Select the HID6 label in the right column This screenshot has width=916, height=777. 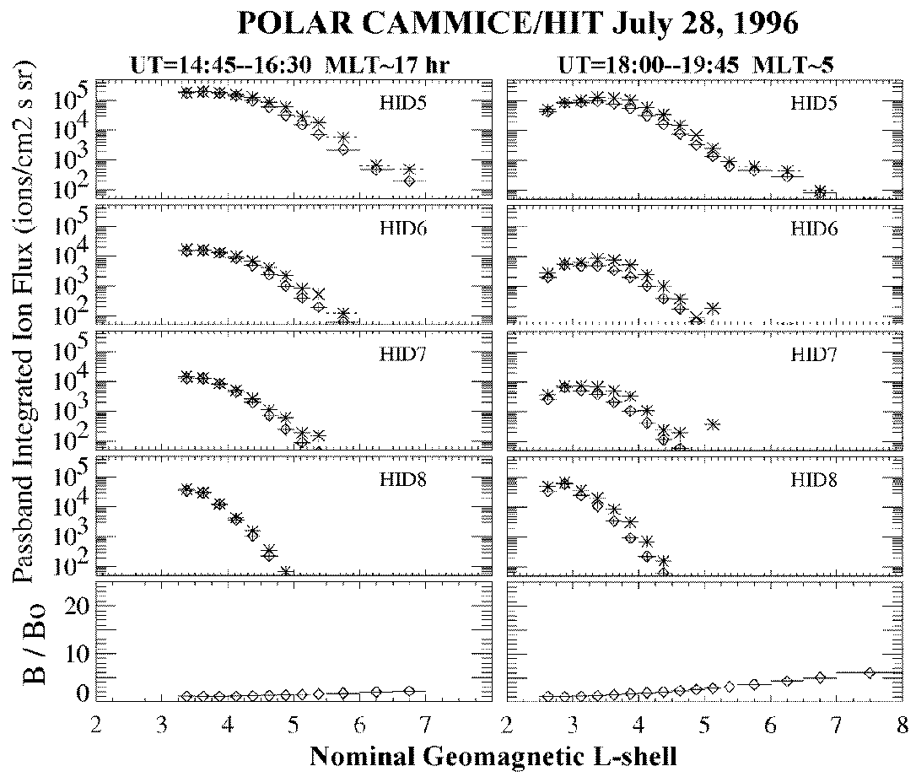click(x=811, y=229)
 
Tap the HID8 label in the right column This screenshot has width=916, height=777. click(x=811, y=479)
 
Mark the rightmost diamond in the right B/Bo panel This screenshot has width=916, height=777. click(x=870, y=672)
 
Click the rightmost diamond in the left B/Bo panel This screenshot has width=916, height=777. click(x=409, y=691)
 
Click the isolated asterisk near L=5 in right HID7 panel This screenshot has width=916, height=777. click(x=713, y=424)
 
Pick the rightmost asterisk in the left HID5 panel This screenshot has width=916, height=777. click(x=409, y=170)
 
